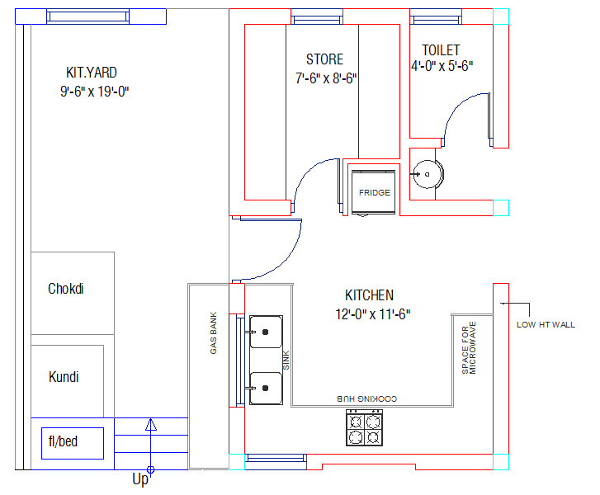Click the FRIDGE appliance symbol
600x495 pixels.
(373, 192)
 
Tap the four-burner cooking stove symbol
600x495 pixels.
(364, 427)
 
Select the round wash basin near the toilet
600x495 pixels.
(428, 174)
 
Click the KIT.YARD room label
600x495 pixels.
(92, 73)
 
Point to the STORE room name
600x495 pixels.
(325, 59)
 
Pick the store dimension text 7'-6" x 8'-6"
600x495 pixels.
(326, 78)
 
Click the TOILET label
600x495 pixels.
(441, 50)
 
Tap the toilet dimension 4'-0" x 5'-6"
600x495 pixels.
(442, 66)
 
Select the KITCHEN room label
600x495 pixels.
(369, 295)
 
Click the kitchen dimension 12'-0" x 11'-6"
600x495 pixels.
(373, 314)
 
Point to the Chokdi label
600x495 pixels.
(66, 289)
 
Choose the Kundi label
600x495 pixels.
(64, 377)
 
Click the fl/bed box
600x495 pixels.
(73, 443)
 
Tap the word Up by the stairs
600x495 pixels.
(140, 479)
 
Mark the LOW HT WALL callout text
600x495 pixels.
(546, 325)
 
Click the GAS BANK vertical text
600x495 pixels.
(214, 332)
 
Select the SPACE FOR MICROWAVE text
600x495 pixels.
(469, 347)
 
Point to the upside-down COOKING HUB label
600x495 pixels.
(367, 398)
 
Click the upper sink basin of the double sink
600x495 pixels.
(266, 332)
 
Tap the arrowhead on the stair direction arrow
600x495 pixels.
(151, 424)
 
